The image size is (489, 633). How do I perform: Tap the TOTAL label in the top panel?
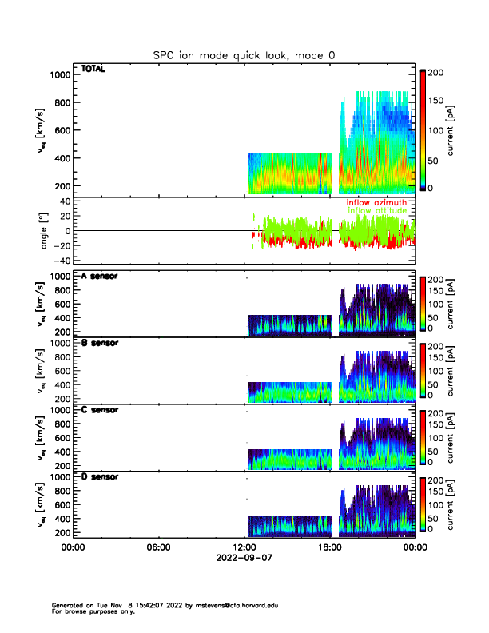point(93,70)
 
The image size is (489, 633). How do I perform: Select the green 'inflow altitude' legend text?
point(377,211)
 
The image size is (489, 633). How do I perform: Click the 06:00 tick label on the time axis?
point(158,547)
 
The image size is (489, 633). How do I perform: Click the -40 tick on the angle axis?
point(60,261)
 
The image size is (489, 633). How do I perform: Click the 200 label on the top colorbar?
point(435,72)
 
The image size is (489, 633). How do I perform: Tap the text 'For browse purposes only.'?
point(89,611)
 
